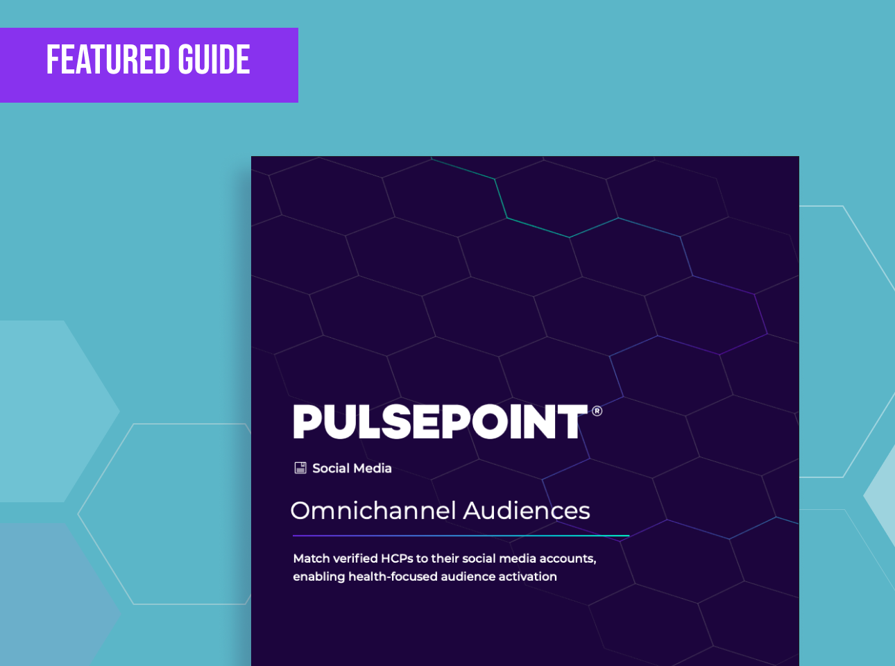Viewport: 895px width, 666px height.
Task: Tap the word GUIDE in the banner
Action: coord(214,60)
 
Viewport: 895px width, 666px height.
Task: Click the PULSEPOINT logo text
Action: coord(441,422)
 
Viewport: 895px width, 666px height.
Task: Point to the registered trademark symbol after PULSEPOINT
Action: coord(597,411)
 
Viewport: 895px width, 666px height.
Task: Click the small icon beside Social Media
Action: coord(300,468)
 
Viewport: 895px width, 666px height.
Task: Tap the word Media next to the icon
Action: coord(372,468)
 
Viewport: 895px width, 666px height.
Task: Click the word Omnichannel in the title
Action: coord(373,510)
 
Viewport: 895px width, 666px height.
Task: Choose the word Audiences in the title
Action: coord(527,510)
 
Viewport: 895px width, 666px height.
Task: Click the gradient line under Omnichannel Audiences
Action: coord(461,536)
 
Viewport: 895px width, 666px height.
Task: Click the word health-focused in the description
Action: coord(393,577)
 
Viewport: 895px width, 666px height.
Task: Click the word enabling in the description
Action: coord(318,577)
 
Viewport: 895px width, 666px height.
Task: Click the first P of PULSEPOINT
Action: coord(307,422)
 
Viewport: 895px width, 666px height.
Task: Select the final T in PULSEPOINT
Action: coord(572,422)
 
